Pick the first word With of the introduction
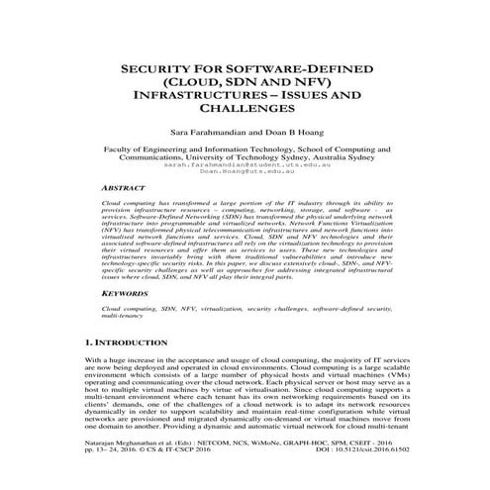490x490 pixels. pyautogui.click(x=96, y=360)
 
